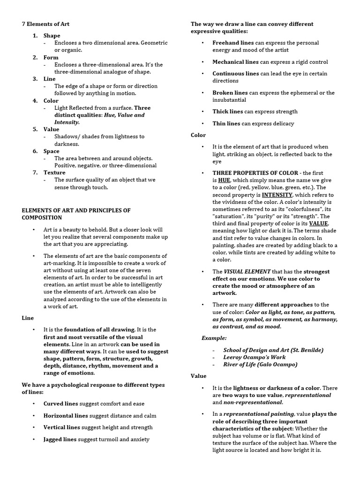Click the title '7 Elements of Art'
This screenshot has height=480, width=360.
tap(45, 24)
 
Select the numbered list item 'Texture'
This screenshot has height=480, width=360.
tap(54, 172)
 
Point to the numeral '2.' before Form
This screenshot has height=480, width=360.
tap(35, 57)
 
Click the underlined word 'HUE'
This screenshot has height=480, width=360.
tap(224, 180)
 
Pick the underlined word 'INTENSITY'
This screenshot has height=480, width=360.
tap(277, 195)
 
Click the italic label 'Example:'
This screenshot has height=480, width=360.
tap(214, 337)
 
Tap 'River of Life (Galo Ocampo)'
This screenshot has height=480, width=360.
tap(260, 364)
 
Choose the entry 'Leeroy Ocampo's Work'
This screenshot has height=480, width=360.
tap(253, 357)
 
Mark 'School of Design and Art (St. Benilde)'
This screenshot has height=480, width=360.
tap(273, 350)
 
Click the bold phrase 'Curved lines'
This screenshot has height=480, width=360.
tap(61, 404)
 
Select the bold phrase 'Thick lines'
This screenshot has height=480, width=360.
tap(227, 112)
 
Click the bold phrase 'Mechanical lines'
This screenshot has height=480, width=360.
tap(235, 62)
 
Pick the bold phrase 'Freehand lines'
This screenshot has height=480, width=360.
tap(233, 43)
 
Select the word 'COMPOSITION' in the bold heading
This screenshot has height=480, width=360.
tap(42, 217)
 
